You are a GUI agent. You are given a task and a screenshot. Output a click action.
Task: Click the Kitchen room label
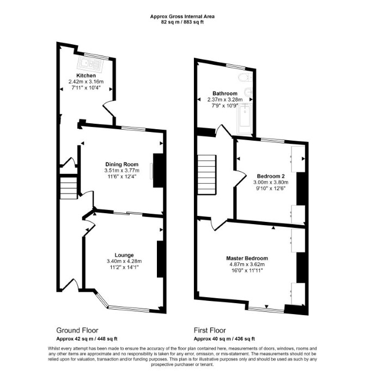(x=86, y=76)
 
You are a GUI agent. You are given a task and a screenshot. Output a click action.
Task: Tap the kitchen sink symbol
(x=91, y=64)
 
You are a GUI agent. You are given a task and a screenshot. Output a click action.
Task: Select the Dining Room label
(x=122, y=164)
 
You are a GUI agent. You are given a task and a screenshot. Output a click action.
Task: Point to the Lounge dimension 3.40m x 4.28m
(x=124, y=261)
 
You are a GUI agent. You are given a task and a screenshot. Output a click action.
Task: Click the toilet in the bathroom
(x=245, y=77)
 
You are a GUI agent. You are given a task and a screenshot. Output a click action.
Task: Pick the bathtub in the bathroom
(x=245, y=118)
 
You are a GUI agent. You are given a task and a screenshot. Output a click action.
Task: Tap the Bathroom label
(x=225, y=94)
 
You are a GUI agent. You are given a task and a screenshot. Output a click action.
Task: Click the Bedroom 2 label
(x=271, y=176)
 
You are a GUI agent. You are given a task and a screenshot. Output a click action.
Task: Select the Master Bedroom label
(x=247, y=258)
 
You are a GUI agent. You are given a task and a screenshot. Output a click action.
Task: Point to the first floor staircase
(x=207, y=174)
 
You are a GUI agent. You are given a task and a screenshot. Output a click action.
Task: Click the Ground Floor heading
(x=77, y=330)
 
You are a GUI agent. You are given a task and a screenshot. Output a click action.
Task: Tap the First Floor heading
(x=210, y=330)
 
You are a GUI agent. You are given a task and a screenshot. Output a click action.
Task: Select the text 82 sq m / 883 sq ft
(x=182, y=22)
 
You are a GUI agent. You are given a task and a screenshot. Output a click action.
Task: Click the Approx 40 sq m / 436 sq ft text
(x=224, y=339)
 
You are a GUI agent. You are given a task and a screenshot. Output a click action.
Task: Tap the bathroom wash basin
(x=248, y=91)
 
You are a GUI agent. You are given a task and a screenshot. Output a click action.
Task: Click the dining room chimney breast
(x=158, y=171)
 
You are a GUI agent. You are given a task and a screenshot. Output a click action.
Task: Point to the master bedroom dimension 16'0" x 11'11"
(x=247, y=270)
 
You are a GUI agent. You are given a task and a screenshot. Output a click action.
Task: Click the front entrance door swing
(x=71, y=284)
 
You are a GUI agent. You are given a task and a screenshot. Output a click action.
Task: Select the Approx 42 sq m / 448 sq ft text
(x=87, y=339)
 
